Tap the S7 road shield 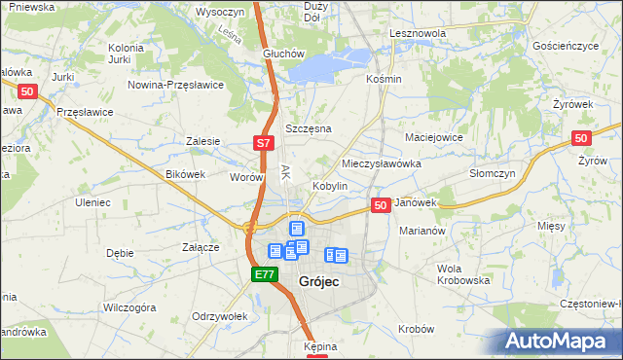[x=263, y=143]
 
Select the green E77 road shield [x=264, y=275]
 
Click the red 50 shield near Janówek [x=382, y=205]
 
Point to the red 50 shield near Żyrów [x=582, y=139]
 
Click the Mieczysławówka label [x=382, y=163]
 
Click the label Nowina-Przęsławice [x=176, y=85]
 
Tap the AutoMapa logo [x=559, y=342]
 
